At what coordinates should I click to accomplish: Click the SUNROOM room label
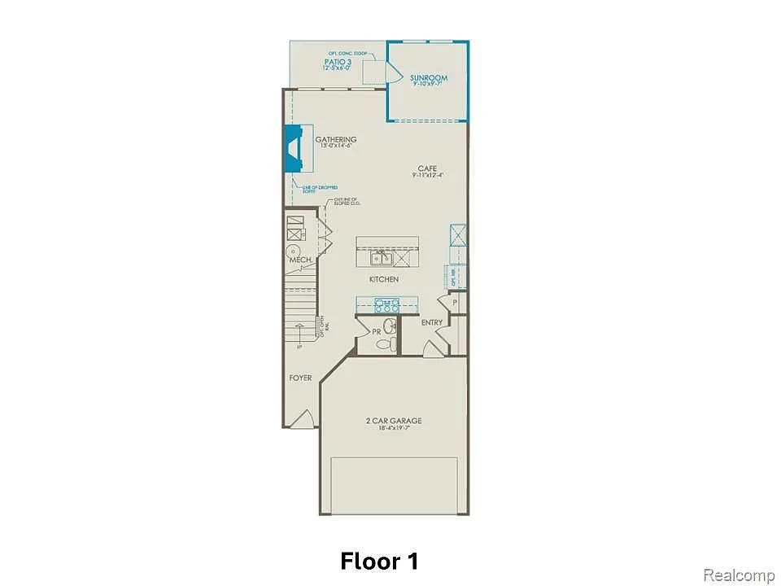(x=429, y=78)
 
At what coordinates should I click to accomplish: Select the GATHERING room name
(x=336, y=140)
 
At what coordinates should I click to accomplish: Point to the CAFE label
(x=427, y=169)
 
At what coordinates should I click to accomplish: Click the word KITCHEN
(x=384, y=279)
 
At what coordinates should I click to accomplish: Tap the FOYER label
(x=300, y=378)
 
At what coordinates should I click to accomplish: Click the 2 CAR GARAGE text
(x=394, y=421)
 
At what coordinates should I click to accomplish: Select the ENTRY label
(x=432, y=323)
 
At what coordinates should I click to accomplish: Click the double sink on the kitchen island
(x=381, y=258)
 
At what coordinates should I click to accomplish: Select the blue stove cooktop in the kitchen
(x=386, y=306)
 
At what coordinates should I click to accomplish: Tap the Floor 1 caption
(x=380, y=561)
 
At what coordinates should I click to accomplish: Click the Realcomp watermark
(x=738, y=575)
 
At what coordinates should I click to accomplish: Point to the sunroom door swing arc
(x=392, y=74)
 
